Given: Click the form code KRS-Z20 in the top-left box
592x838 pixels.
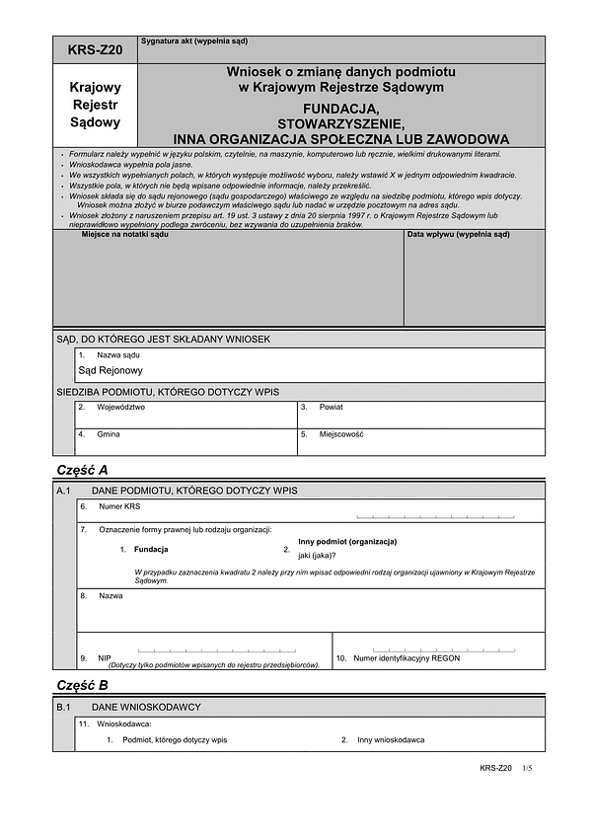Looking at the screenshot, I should pos(95,49).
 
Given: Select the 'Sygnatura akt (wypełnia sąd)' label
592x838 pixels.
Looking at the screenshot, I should pos(194,42).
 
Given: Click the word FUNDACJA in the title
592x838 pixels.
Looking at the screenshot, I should pos(340,110).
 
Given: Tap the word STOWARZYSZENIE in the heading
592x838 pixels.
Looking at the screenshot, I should pos(340,124).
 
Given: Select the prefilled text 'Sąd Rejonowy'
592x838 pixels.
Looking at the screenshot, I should pos(111,371).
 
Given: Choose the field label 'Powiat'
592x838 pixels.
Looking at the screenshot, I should pos(332,407).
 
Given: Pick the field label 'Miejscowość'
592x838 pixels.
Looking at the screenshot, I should pos(341,434).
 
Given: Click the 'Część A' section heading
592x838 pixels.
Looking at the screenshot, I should pos(83,470).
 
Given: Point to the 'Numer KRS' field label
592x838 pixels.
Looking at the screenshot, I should pos(120,506).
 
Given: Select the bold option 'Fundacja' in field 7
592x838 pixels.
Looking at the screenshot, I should pos(151,549).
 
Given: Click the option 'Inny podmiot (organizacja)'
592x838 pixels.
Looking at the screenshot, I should pos(347,542).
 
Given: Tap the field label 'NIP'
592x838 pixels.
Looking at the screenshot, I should pos(105,658).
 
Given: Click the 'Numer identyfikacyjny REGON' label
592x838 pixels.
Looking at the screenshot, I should pos(407,657).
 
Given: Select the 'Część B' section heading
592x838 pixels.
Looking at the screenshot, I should pos(83,685).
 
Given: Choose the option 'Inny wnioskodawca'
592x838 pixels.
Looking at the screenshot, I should pos(391,739).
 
